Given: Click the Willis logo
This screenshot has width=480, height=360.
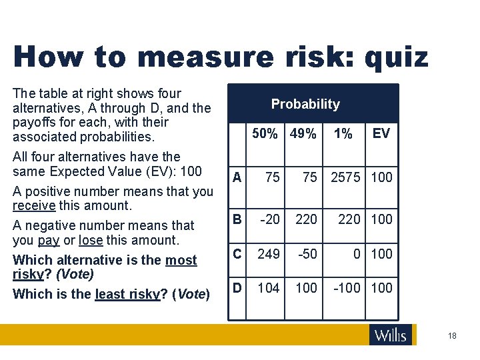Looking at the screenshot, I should click(391, 335).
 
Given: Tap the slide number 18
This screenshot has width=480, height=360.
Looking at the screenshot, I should click(453, 336).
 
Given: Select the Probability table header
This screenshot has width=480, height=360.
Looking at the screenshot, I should click(305, 104).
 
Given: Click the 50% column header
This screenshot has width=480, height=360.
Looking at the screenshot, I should click(265, 134).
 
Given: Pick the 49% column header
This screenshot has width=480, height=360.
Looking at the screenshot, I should click(303, 134).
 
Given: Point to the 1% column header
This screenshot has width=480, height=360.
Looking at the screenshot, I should click(343, 134).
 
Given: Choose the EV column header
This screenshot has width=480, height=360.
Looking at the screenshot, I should click(381, 134).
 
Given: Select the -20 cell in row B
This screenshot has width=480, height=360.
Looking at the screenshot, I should click(269, 219).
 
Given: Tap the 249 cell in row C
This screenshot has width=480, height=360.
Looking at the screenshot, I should click(269, 253).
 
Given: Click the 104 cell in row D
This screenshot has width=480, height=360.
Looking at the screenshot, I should click(268, 288).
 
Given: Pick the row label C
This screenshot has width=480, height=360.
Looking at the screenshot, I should click(237, 253).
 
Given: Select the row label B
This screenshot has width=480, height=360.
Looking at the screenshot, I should click(237, 219).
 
